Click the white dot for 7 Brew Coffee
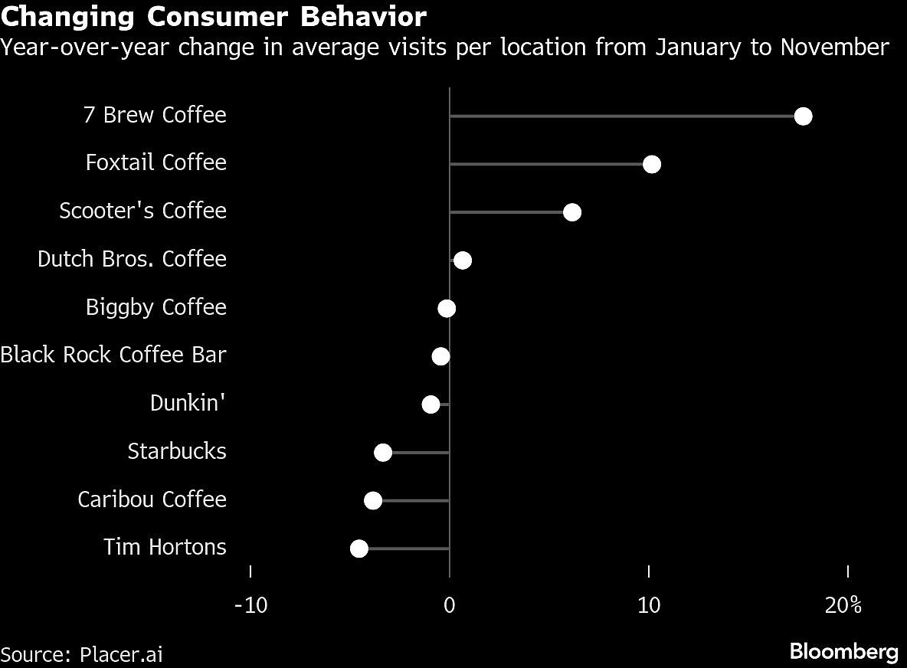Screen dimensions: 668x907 tap(803, 116)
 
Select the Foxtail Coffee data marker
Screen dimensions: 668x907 tap(651, 165)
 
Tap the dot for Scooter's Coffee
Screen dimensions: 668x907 tap(571, 212)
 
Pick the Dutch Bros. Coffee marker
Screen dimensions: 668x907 tap(462, 260)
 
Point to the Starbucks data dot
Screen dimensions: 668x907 tap(383, 453)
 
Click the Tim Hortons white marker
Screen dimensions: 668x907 tap(359, 548)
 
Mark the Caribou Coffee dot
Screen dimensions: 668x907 tap(373, 500)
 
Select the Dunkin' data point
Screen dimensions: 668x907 tap(431, 404)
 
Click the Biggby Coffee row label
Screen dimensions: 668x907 tap(156, 307)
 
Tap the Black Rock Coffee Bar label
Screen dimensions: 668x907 tap(113, 355)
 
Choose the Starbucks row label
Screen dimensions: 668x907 tap(177, 451)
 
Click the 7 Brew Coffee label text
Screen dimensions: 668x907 tap(155, 115)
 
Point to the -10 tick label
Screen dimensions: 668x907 tap(250, 605)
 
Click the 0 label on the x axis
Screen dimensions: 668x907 tap(450, 605)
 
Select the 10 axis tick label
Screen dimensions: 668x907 tap(649, 605)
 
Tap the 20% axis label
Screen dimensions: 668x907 tap(844, 605)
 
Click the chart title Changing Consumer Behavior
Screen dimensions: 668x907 tap(214, 16)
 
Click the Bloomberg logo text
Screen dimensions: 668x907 tap(843, 653)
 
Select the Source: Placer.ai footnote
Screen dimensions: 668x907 tap(82, 655)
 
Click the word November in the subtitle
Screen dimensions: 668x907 tap(834, 47)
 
